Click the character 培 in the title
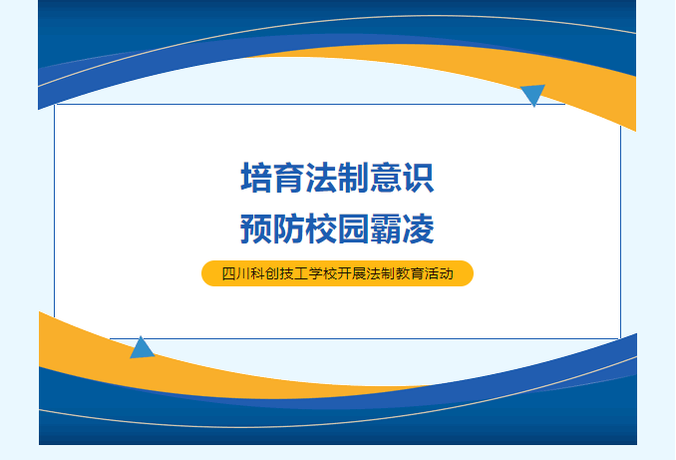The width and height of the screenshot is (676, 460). (x=256, y=178)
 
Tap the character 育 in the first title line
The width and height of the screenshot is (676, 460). (x=289, y=178)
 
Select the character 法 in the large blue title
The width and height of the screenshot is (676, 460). (x=321, y=178)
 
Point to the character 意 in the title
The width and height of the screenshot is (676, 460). (x=386, y=178)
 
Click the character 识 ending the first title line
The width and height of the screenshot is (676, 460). (x=418, y=178)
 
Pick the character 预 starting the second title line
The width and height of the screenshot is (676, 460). (x=256, y=229)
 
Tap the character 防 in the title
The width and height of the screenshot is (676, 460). (x=289, y=229)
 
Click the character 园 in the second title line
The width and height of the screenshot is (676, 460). (x=354, y=229)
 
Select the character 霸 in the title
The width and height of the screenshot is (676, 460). (x=386, y=229)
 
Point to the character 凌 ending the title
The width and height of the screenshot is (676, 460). (x=418, y=229)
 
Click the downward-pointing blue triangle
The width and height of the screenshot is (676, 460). (x=533, y=93)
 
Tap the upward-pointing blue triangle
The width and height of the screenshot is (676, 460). (x=142, y=349)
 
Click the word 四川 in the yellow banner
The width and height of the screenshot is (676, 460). (x=235, y=273)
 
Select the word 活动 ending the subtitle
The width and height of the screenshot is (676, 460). (x=439, y=273)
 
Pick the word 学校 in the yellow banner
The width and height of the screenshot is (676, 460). (x=322, y=273)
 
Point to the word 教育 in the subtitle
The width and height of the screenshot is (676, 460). (x=410, y=273)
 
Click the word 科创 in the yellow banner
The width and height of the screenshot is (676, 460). (x=264, y=273)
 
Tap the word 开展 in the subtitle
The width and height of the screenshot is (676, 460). (x=352, y=273)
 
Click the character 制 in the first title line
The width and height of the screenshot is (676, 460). (x=354, y=178)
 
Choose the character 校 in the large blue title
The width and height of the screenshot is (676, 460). (x=321, y=229)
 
